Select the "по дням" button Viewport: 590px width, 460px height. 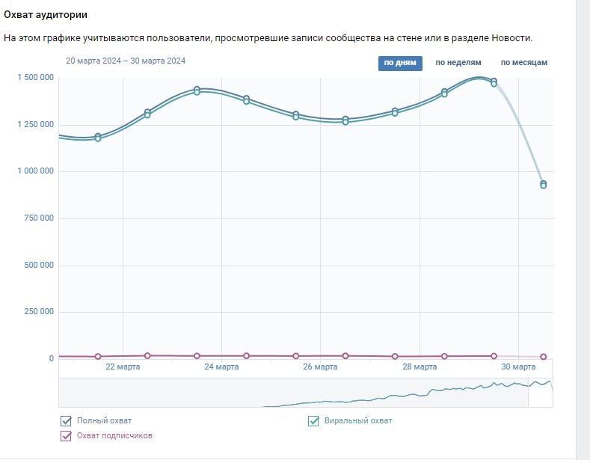coord(399,63)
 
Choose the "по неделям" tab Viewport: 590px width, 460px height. coord(458,63)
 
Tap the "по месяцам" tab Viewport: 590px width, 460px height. coord(523,63)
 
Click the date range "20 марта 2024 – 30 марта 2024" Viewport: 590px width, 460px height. coord(126,61)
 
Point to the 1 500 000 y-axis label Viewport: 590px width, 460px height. coord(36,78)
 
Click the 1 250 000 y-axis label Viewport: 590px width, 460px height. coord(36,124)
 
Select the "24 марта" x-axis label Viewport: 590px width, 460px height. coord(221,367)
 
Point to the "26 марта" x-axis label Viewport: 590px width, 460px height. coord(320,367)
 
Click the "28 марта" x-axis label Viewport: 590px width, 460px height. coord(420,367)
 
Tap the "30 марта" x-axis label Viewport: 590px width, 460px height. coord(518,367)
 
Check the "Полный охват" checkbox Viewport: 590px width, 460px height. coord(66,421)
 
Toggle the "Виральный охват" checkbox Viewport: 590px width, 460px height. coord(314,421)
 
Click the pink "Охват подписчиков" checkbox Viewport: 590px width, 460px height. coord(66,435)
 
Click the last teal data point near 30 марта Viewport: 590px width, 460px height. coord(544,184)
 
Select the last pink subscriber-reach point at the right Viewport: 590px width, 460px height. coord(544,357)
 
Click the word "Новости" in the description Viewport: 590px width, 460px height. coord(511,37)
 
